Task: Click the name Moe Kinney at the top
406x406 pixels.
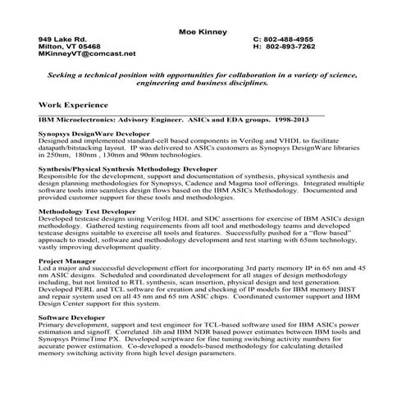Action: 203,31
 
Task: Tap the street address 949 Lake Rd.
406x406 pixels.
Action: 62,39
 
